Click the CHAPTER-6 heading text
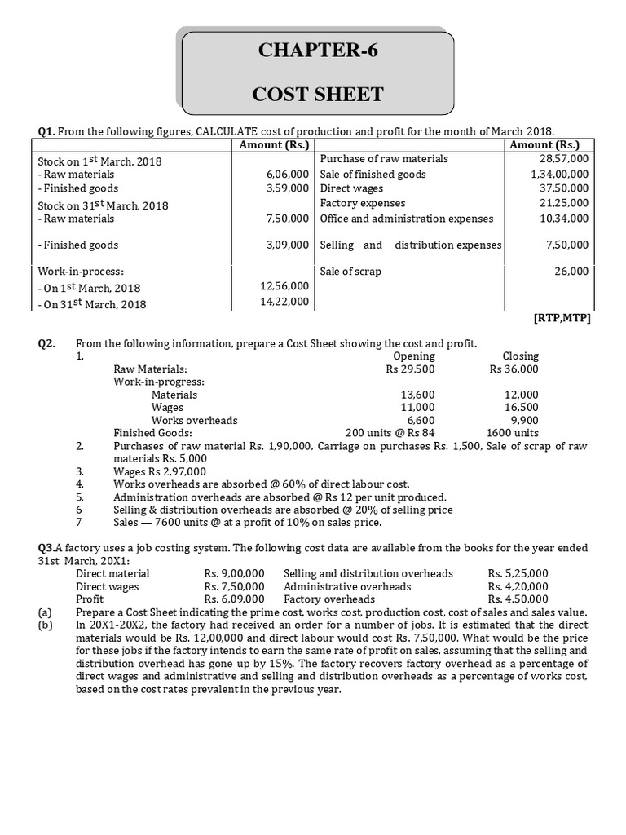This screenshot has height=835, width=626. point(318,51)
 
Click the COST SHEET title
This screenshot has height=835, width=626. point(318,94)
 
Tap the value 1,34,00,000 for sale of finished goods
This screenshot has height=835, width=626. point(559,175)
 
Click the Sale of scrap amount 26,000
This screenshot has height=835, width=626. point(571,272)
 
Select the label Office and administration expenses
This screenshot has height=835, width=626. point(407,219)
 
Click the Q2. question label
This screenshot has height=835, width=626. point(46,343)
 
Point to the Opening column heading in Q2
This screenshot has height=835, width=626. point(414,356)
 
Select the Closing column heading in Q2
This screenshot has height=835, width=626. point(520,356)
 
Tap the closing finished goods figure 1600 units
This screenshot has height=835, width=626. point(512,433)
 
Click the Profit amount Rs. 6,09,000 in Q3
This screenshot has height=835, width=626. point(234,599)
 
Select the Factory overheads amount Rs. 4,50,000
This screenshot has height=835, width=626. point(518,599)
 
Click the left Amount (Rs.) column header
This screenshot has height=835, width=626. point(271,145)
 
